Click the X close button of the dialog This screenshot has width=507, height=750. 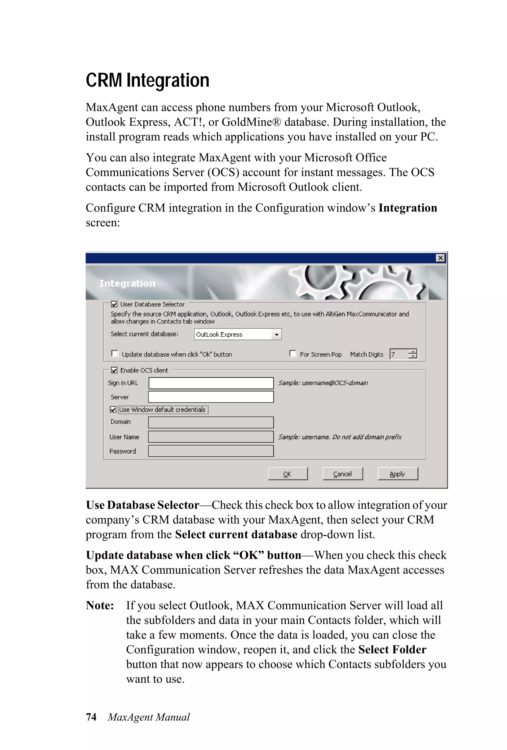click(x=440, y=258)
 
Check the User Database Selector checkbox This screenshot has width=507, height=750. click(x=114, y=304)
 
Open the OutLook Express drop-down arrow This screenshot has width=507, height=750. click(x=276, y=334)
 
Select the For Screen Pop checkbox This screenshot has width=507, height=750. click(x=293, y=354)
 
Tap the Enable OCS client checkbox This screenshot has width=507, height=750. click(x=114, y=370)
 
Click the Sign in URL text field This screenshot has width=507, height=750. click(x=211, y=383)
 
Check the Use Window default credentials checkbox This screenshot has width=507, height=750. click(x=113, y=409)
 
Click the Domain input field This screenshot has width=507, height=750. click(x=211, y=422)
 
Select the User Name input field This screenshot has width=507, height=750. click(x=211, y=437)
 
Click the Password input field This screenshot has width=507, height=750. click(x=211, y=451)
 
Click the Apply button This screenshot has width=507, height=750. click(x=398, y=474)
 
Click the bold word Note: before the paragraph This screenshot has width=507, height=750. click(x=100, y=605)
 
